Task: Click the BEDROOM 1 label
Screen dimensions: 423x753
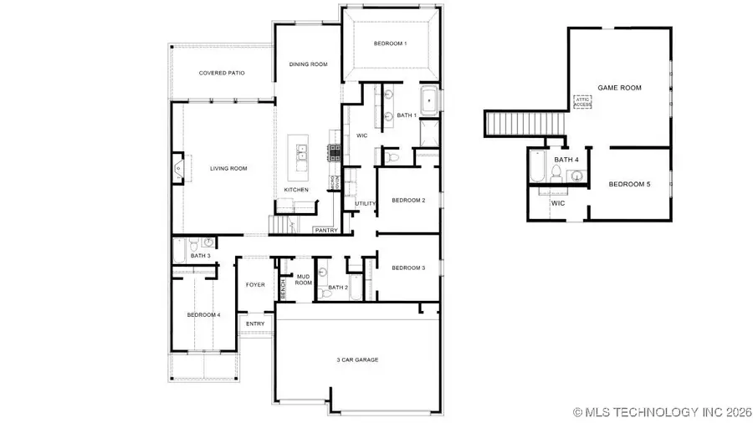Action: click(x=390, y=43)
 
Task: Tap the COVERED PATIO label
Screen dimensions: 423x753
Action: click(x=222, y=73)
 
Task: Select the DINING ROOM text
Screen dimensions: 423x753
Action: click(x=308, y=64)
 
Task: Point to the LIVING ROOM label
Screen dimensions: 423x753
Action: click(x=228, y=169)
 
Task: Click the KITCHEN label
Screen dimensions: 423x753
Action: click(x=296, y=190)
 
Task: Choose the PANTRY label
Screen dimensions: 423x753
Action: click(x=325, y=230)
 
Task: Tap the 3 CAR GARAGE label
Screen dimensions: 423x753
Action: click(x=358, y=359)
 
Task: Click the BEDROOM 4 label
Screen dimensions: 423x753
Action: click(x=203, y=314)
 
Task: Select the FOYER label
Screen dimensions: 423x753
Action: click(x=255, y=285)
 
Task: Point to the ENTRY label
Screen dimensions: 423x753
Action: click(x=255, y=324)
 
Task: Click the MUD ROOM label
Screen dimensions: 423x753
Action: click(x=303, y=280)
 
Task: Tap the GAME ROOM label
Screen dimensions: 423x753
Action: click(x=619, y=87)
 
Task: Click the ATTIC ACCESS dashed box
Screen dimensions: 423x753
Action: click(x=582, y=102)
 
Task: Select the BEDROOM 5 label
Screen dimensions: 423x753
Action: click(x=629, y=184)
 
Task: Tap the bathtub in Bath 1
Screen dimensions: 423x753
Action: click(x=429, y=100)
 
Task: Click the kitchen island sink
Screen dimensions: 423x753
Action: click(x=300, y=153)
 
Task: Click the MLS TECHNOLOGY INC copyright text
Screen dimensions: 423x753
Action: click(x=660, y=411)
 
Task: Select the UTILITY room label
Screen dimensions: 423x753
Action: click(x=365, y=203)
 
